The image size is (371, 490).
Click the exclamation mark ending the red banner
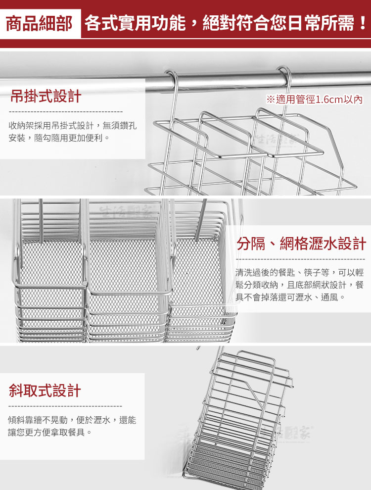tap(362, 23)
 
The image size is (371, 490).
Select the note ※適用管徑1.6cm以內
tap(315, 99)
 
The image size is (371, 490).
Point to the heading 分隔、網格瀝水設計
tap(301, 244)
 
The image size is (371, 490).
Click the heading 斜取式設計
tap(45, 391)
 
